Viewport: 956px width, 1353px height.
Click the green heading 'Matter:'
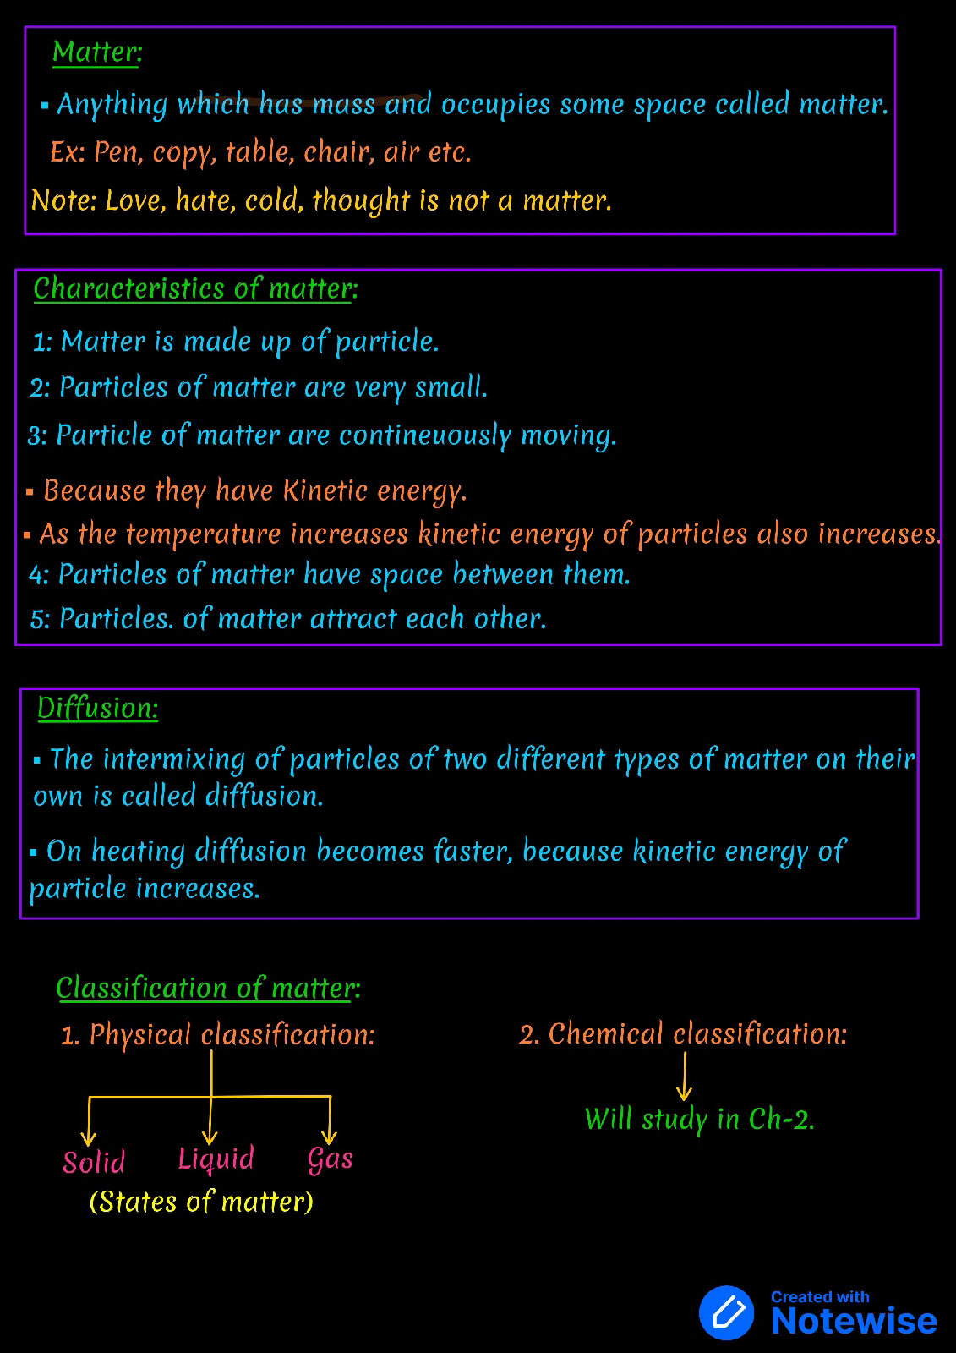(x=96, y=52)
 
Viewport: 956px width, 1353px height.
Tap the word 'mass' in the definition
(x=343, y=104)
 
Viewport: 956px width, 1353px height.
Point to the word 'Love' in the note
(x=135, y=201)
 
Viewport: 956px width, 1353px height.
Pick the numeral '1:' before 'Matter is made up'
(x=42, y=342)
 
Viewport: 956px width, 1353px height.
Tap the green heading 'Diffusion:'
(x=97, y=708)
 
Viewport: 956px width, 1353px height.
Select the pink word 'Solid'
(x=94, y=1162)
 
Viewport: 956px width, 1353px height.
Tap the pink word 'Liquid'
(x=216, y=1159)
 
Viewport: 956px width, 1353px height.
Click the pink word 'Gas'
(x=330, y=1159)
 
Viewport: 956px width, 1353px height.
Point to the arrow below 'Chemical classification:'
(x=684, y=1076)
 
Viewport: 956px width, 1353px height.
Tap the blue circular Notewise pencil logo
(x=727, y=1312)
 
